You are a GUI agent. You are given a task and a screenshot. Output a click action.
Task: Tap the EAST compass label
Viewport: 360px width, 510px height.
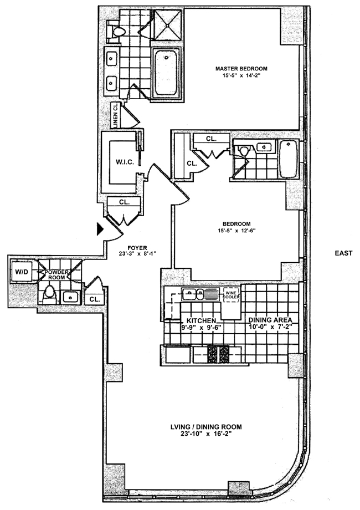point(343,253)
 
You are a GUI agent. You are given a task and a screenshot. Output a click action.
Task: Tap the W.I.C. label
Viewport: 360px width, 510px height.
point(122,162)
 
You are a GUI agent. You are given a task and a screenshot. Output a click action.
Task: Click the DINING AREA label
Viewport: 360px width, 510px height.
point(269,320)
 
